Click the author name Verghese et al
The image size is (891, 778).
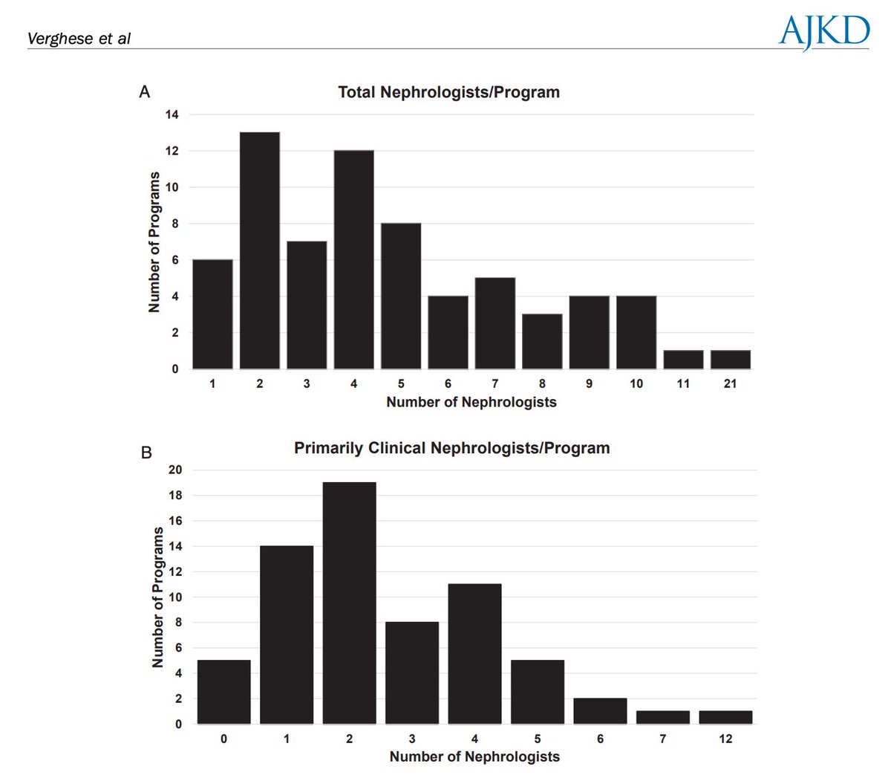[x=79, y=39]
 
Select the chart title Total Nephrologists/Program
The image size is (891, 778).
[x=448, y=92]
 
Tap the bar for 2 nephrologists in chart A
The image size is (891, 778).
[x=259, y=250]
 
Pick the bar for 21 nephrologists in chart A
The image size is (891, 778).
[x=730, y=360]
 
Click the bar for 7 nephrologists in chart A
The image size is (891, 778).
[x=495, y=323]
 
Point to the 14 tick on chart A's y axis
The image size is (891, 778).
[x=172, y=114]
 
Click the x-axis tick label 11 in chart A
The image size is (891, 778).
[x=683, y=383]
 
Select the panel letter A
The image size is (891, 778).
[x=145, y=91]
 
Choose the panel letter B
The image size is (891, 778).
[x=146, y=452]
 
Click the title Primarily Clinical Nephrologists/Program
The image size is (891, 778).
[x=451, y=448]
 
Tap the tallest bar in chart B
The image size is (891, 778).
[x=349, y=603]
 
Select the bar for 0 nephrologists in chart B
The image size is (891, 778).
[x=223, y=692]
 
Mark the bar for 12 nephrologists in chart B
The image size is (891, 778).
[x=725, y=717]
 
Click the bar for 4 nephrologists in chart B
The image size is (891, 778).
[x=474, y=654]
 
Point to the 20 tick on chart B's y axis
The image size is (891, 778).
[x=175, y=470]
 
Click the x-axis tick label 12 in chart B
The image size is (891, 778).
[x=725, y=739]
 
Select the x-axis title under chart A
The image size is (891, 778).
[x=471, y=402]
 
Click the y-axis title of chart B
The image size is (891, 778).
[x=157, y=597]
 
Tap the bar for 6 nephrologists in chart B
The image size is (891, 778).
[x=600, y=711]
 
